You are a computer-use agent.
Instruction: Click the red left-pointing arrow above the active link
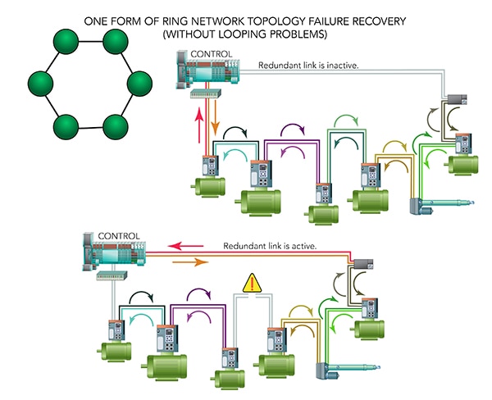(187, 244)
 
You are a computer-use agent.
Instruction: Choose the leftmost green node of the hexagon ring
(40, 84)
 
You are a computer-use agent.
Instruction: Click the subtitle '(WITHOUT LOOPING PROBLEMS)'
(245, 34)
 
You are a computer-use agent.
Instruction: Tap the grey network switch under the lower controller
(107, 276)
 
